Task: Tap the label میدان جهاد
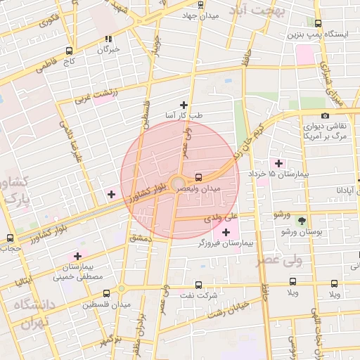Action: click(x=200, y=15)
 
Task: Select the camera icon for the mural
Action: click(x=324, y=116)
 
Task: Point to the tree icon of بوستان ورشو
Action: click(x=302, y=221)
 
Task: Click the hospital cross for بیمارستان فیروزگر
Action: click(x=226, y=232)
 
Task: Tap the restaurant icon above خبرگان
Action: click(x=108, y=39)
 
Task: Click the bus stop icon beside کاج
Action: click(x=69, y=51)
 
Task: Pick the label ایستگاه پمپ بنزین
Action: click(x=317, y=34)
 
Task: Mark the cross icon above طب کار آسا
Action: click(x=184, y=105)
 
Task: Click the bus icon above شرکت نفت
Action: click(x=198, y=285)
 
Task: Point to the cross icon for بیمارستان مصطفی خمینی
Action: click(x=77, y=256)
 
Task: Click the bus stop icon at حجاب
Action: click(x=9, y=238)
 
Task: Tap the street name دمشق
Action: click(x=140, y=239)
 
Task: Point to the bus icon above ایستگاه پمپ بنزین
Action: click(x=318, y=23)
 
